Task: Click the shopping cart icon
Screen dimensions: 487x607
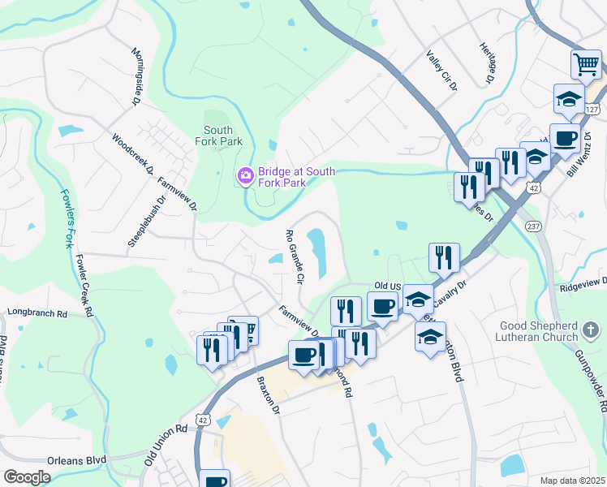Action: [586, 64]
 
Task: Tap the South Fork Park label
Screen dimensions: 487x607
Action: [218, 136]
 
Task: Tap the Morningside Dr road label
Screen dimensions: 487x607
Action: [136, 76]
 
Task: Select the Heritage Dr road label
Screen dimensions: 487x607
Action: [487, 64]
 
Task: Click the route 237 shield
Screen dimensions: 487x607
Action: [533, 225]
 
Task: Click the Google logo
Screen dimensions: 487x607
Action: [27, 476]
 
